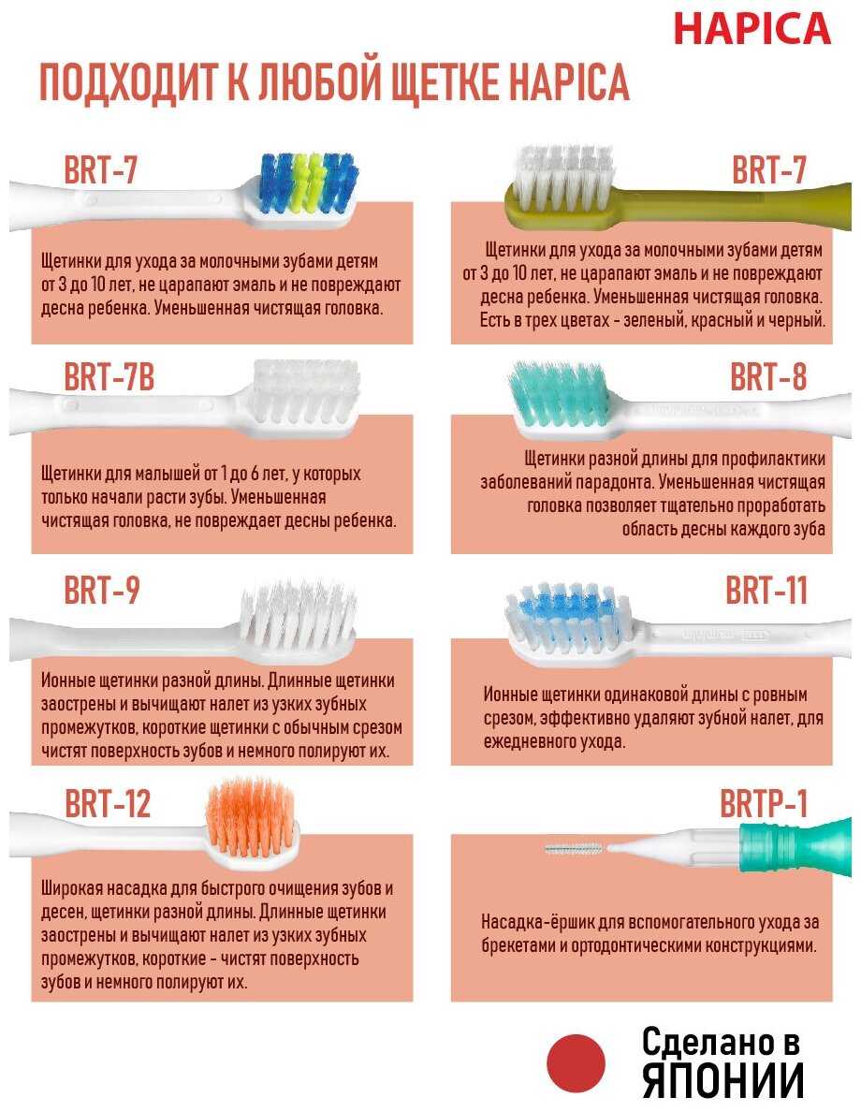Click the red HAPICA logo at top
coord(752,28)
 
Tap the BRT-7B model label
coord(109,376)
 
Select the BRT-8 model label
coord(768,376)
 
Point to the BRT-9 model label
coord(102,590)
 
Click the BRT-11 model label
coord(766,590)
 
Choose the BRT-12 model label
coord(108,803)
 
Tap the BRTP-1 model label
coord(764,803)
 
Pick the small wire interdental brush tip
coord(575,847)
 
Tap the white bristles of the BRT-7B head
coord(306,390)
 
